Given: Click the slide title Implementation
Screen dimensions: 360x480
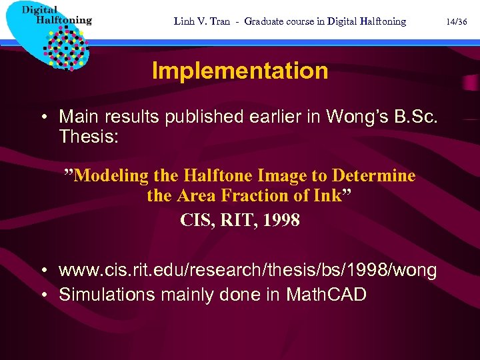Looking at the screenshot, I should [240, 71].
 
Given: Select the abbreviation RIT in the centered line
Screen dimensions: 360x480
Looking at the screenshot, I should [235, 220].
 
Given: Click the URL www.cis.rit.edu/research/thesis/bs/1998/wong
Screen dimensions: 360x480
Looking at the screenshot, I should [248, 271].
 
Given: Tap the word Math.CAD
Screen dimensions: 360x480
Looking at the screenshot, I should [327, 295].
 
